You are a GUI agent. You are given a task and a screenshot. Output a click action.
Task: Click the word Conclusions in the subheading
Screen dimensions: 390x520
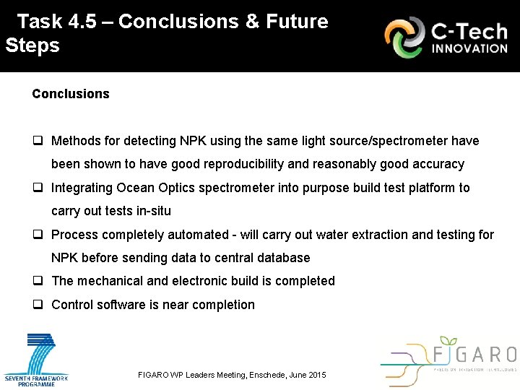pyautogui.click(x=71, y=94)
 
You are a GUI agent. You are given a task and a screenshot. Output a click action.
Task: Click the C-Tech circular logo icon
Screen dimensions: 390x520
pyautogui.click(x=404, y=38)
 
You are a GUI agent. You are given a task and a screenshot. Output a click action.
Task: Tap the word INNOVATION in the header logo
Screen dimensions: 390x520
pyautogui.click(x=469, y=48)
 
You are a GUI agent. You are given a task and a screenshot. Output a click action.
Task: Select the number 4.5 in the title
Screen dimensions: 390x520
pyautogui.click(x=87, y=22)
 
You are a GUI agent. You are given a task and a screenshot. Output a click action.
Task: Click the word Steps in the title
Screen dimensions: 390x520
pyautogui.click(x=32, y=45)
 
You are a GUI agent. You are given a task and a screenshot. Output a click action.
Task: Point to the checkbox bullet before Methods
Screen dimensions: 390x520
pyautogui.click(x=38, y=141)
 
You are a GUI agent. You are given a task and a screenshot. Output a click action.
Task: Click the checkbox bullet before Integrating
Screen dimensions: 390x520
pyautogui.click(x=38, y=188)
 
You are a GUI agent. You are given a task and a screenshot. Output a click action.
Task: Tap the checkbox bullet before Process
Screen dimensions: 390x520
pyautogui.click(x=38, y=235)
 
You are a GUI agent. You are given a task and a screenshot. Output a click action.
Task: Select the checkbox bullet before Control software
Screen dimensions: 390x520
pyautogui.click(x=38, y=305)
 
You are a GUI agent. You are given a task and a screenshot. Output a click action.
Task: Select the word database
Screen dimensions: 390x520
pyautogui.click(x=283, y=258)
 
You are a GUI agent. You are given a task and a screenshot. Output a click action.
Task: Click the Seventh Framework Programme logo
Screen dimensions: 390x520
pyautogui.click(x=36, y=359)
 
